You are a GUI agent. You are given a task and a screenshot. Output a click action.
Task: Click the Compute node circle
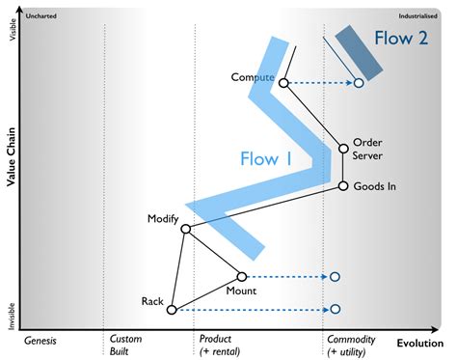tap(283, 83)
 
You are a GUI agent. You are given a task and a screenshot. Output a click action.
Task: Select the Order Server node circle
tap(343, 149)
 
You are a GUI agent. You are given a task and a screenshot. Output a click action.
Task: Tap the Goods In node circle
tap(343, 185)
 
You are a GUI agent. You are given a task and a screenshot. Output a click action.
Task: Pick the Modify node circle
tap(186, 229)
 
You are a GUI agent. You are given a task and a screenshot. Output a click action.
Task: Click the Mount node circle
tap(242, 277)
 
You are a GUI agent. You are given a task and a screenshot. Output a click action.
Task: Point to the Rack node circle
tap(172, 310)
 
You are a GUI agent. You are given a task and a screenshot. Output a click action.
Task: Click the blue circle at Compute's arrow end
tap(358, 83)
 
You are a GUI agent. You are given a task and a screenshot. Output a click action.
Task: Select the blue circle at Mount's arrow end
tap(335, 277)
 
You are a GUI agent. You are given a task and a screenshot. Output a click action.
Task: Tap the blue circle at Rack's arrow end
tap(335, 310)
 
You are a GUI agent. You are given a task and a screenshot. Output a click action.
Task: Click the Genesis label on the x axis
tap(41, 341)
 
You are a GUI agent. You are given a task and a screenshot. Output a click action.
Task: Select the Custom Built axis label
tap(126, 346)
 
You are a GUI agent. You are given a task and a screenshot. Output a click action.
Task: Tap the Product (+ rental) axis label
tap(222, 346)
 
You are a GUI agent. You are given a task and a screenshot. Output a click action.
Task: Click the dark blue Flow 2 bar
tap(356, 54)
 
